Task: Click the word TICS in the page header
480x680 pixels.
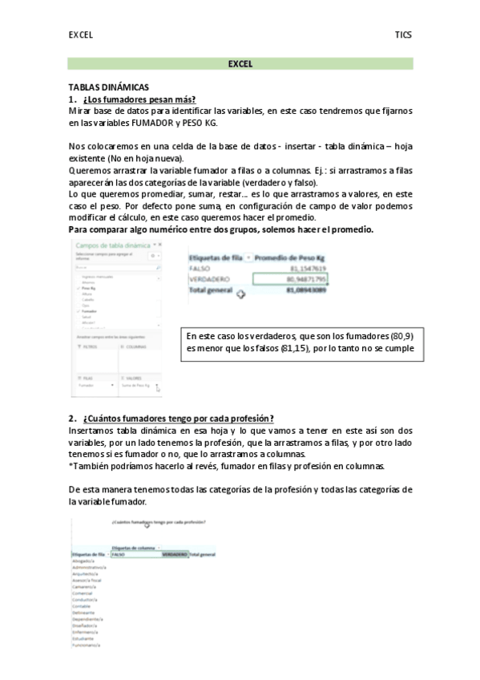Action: (402, 35)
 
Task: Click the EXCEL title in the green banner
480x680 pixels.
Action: (240, 63)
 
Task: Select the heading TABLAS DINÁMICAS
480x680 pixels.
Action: (108, 87)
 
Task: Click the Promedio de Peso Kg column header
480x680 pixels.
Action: (293, 257)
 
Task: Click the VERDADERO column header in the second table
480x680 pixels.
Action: (174, 554)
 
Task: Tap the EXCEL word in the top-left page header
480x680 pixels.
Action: (80, 35)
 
